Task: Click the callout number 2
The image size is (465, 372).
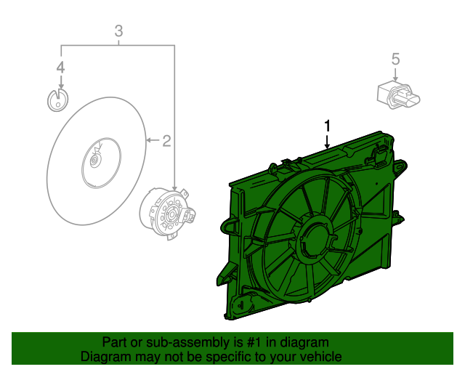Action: [x=166, y=140]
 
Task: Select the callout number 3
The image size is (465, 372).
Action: [x=118, y=31]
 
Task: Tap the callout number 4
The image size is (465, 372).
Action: [x=61, y=68]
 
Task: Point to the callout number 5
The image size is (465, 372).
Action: [x=395, y=58]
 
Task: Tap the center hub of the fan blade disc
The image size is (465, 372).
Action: [x=94, y=162]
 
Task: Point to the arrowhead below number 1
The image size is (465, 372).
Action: [x=327, y=145]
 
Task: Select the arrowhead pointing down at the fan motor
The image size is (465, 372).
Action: [x=175, y=187]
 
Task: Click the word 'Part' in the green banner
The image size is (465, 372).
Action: [x=115, y=342]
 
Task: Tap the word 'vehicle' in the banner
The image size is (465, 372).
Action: [x=320, y=357]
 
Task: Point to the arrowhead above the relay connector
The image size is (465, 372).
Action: [x=395, y=79]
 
